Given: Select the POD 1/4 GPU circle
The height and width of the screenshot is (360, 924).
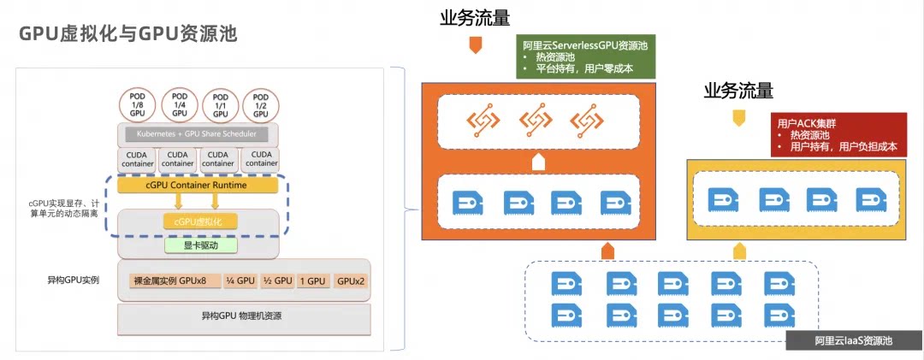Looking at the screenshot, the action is [x=179, y=104].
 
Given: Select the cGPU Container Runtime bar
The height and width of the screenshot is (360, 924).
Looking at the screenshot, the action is [x=197, y=185].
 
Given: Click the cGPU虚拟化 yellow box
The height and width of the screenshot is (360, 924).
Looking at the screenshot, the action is [x=200, y=221].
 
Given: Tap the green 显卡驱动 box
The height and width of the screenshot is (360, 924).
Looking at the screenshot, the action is [x=200, y=245].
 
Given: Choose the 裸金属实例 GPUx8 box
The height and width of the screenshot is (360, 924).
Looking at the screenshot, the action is [x=175, y=280].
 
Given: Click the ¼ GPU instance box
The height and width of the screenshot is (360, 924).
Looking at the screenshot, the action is [x=240, y=280].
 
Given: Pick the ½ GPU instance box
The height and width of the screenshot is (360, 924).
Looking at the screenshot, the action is [x=277, y=280].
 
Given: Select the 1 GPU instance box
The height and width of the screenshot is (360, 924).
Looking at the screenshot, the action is [x=313, y=280].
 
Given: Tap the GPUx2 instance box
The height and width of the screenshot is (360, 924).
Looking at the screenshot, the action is [x=351, y=280].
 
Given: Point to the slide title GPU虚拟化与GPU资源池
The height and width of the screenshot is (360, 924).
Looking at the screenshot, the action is [x=128, y=34].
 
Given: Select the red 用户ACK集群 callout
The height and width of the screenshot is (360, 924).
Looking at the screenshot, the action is [x=838, y=135].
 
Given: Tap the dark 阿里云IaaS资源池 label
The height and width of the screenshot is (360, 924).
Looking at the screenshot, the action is [x=854, y=341].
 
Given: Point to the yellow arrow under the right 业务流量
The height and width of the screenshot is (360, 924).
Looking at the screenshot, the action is [x=738, y=117].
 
